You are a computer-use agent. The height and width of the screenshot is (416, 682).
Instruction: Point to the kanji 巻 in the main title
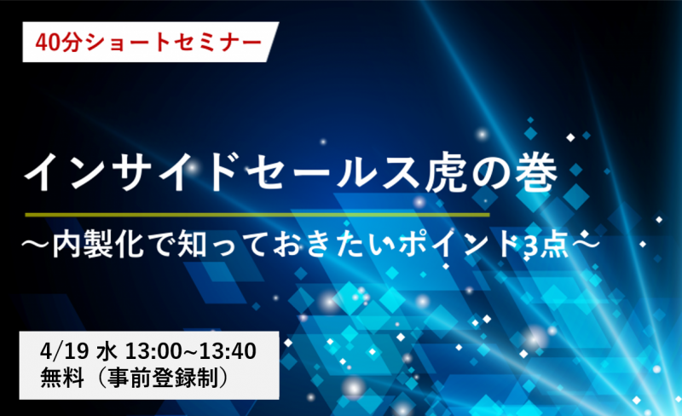(536, 173)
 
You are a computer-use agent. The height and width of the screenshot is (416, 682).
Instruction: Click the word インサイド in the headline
(130, 173)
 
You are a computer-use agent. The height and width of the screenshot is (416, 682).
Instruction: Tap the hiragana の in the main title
(492, 174)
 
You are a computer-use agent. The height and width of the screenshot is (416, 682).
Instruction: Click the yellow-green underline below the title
(257, 215)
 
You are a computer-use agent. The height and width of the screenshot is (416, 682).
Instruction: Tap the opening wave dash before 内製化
(37, 245)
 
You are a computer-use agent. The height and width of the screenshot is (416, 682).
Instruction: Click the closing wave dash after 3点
(586, 244)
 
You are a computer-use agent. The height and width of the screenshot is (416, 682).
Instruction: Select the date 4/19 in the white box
(65, 351)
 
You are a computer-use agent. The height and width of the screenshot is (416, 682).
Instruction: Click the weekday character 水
(106, 351)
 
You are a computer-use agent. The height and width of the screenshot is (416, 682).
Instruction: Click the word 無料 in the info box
(62, 378)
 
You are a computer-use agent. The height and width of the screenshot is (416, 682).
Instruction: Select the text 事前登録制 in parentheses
(163, 378)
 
